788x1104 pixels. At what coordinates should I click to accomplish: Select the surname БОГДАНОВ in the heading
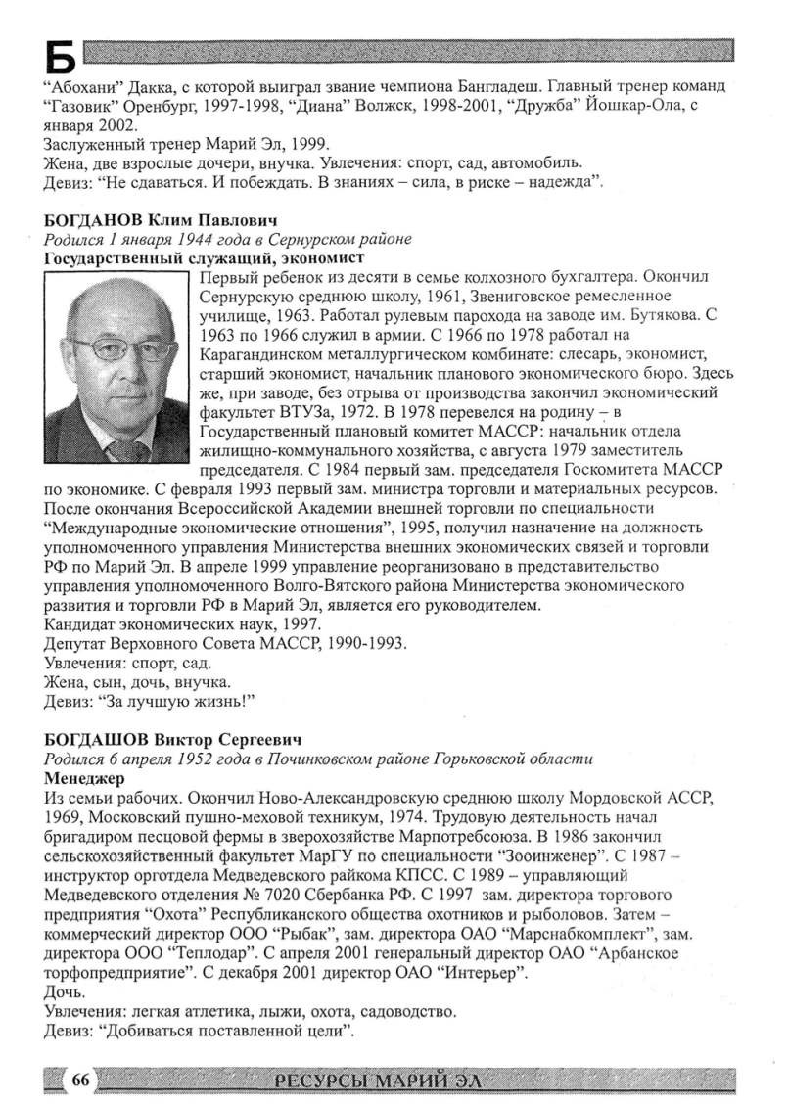[x=92, y=221]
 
